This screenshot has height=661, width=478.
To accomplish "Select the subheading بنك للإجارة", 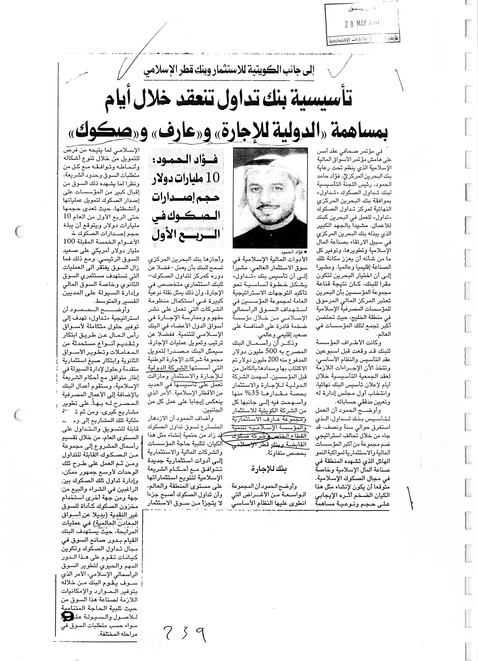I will (x=269, y=469).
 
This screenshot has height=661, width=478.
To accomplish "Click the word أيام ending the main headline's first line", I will (x=125, y=101).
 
